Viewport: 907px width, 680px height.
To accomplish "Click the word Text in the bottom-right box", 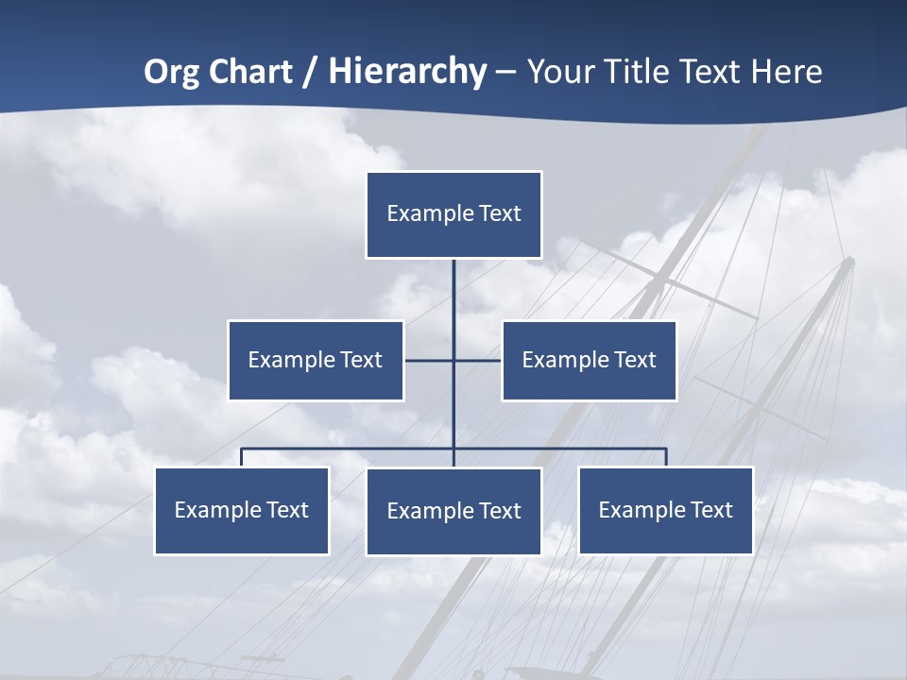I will click(x=711, y=510).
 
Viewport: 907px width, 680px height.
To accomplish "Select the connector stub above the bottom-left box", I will click(x=242, y=457).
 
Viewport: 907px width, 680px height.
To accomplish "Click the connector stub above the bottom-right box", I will click(x=666, y=457).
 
